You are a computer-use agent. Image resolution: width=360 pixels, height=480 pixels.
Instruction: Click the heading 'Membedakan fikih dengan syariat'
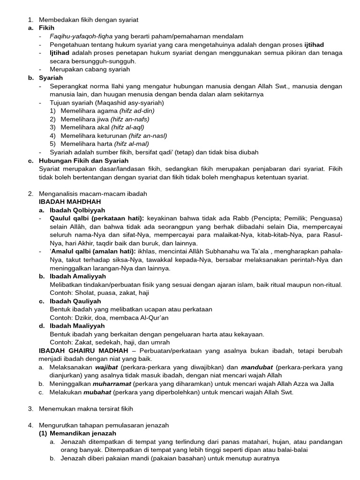point(88,20)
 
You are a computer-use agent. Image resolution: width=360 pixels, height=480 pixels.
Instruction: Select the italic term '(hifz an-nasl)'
point(148,136)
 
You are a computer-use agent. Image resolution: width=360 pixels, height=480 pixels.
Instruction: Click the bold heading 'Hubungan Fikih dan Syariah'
point(84,161)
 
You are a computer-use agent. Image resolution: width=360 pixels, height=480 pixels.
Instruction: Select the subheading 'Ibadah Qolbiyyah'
point(77,210)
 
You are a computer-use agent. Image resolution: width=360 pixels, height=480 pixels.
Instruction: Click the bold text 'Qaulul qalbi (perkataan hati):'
point(97,218)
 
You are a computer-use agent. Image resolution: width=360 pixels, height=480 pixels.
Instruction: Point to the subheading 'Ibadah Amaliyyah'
point(78,277)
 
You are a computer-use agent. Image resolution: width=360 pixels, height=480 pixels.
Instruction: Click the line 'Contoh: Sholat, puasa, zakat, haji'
point(100,293)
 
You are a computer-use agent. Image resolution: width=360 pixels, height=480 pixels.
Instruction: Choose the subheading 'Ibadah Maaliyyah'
point(77,326)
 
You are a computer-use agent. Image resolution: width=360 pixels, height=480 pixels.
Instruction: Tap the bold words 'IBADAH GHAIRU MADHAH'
point(83,351)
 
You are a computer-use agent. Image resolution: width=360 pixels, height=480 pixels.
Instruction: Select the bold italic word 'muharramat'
point(110,384)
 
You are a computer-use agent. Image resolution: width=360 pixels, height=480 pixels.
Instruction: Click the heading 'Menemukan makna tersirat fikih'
point(86,409)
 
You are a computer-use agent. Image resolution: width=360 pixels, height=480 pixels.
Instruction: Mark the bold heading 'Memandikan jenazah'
point(83,434)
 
